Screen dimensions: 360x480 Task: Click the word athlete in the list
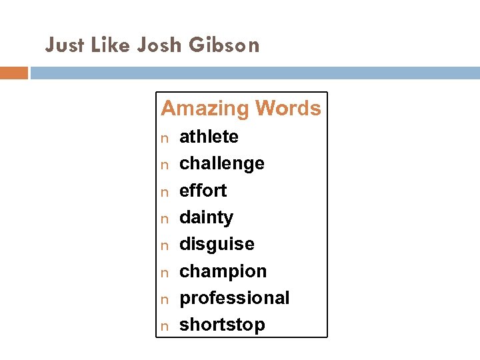tap(209, 137)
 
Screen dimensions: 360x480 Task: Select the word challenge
tap(222, 164)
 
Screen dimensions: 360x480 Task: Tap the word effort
tap(203, 191)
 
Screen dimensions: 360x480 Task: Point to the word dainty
tap(207, 218)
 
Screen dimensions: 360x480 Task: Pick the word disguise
tap(217, 244)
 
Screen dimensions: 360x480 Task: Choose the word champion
tap(223, 271)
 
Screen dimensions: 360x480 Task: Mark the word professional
tap(235, 298)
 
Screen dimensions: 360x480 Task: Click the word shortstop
tap(222, 325)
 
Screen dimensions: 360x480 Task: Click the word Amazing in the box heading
tap(203, 108)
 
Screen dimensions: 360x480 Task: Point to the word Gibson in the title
tap(224, 45)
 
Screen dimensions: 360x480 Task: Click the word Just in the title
tap(65, 45)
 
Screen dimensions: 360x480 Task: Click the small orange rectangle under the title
tap(13, 73)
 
